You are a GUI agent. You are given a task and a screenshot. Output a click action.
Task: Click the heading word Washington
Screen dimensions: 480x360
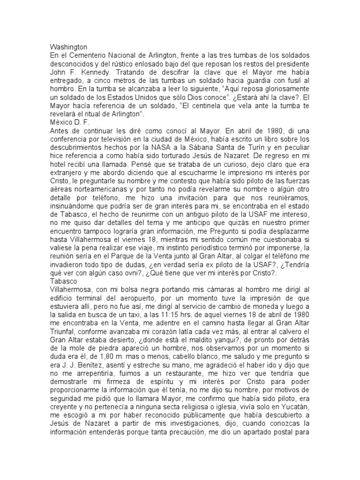(68, 47)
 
